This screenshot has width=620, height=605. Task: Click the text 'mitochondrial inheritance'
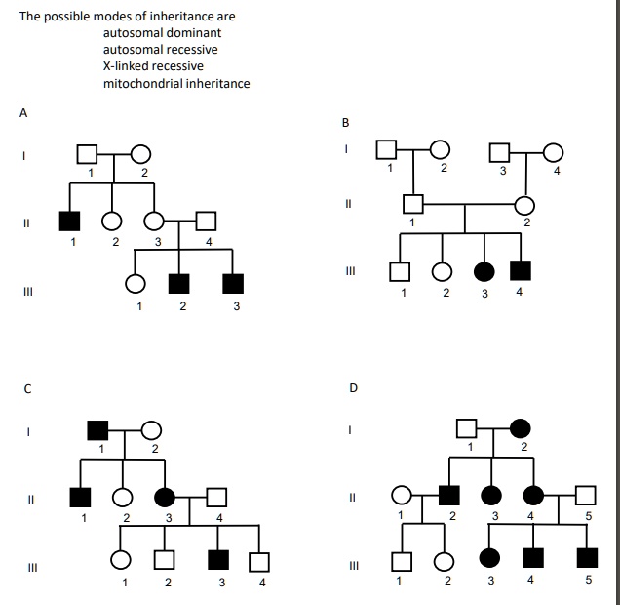click(x=176, y=83)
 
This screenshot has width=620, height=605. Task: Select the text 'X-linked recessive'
click(x=153, y=66)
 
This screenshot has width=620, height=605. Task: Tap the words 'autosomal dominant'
click(x=162, y=33)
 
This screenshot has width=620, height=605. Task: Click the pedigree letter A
click(x=23, y=112)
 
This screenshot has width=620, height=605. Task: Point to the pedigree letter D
click(x=354, y=388)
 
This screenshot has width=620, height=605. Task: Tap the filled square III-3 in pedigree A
click(x=233, y=284)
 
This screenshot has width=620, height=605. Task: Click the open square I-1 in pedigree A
click(x=87, y=154)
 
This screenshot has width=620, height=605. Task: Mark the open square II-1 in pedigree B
click(x=412, y=205)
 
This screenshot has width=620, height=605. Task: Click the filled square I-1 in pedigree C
click(x=97, y=429)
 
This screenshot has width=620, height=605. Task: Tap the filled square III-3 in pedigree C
click(x=218, y=561)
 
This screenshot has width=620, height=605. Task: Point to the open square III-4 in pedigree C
click(x=259, y=561)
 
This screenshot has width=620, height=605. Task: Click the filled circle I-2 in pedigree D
click(x=522, y=426)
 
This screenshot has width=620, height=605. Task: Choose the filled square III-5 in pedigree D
click(x=586, y=558)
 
